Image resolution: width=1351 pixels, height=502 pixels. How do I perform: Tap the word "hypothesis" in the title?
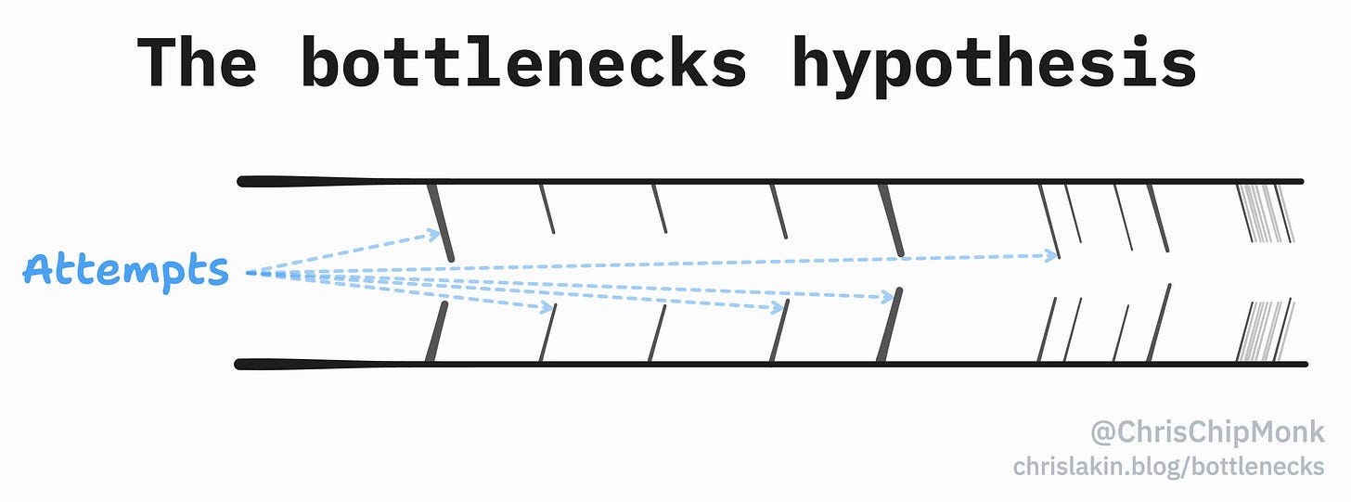point(993,62)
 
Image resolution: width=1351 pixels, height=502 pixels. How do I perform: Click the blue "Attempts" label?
point(125,270)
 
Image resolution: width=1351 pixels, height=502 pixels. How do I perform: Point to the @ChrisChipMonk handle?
point(1207,432)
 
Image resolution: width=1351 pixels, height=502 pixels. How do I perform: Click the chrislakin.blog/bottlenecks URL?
point(1169,466)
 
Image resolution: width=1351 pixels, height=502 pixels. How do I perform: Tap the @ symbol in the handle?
point(1102,432)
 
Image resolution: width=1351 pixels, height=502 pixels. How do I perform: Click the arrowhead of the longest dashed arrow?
point(1053,254)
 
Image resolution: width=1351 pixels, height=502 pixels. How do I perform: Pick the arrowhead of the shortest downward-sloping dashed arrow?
point(548,305)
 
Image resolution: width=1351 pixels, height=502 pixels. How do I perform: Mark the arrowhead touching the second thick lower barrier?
point(892,297)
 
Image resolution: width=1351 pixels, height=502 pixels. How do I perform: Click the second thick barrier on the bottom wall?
point(888,327)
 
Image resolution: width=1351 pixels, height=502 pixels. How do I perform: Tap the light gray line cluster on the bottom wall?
point(1261,331)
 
